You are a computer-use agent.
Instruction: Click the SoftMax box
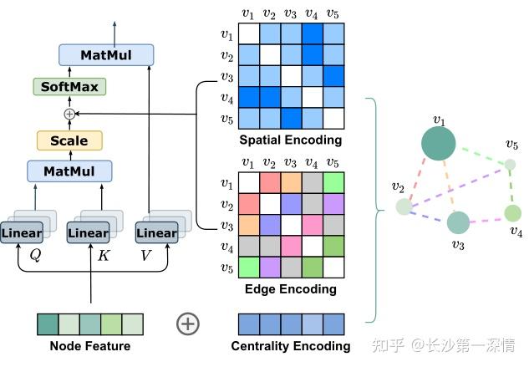(69, 86)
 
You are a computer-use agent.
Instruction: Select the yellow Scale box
(69, 140)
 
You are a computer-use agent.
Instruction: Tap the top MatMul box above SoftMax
(106, 55)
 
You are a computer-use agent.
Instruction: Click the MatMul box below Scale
(69, 171)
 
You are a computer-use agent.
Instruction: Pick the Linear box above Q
(22, 232)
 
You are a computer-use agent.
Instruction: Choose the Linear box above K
(89, 232)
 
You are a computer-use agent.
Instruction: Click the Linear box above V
(155, 232)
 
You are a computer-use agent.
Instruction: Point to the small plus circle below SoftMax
(69, 113)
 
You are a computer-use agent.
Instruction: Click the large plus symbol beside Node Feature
(188, 324)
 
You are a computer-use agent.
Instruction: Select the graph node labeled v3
(457, 222)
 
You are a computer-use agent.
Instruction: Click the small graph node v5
(511, 165)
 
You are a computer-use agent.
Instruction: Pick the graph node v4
(512, 213)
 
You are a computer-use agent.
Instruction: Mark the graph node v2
(404, 206)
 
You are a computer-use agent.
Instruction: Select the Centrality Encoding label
(290, 346)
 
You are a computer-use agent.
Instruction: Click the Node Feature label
(90, 346)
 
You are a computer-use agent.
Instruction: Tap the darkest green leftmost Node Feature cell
(48, 324)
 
